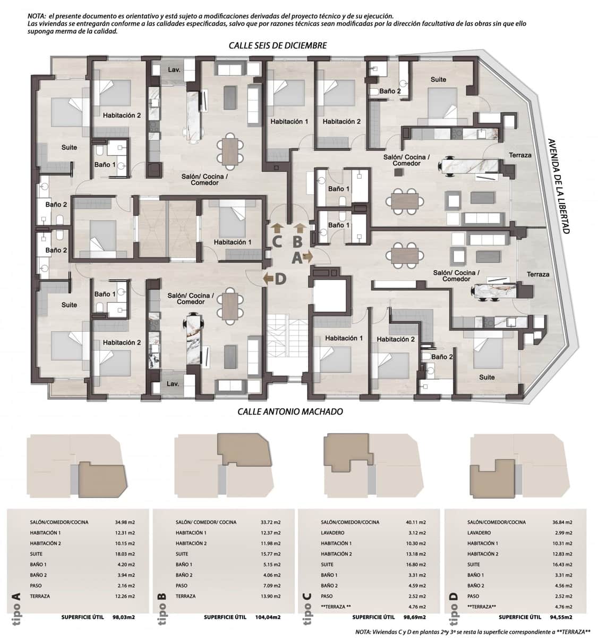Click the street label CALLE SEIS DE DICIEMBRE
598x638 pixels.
click(277, 46)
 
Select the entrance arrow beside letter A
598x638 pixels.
click(307, 258)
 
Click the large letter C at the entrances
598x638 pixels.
click(277, 241)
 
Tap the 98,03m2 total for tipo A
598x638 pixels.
click(122, 617)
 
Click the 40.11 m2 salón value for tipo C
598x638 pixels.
click(415, 522)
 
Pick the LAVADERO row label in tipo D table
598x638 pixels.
click(479, 533)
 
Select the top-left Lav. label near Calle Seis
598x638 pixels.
click(174, 70)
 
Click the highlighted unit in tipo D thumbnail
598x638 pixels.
click(492, 476)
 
